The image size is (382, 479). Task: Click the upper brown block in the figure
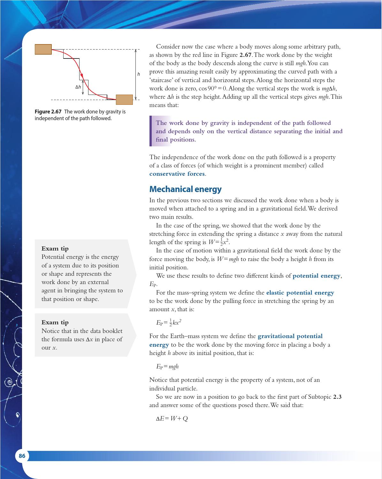43,49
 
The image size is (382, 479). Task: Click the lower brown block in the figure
124,99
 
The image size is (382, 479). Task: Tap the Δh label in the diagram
78,87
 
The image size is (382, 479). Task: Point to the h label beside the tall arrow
139,74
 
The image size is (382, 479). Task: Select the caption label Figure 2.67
48,112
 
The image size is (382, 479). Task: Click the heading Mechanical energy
185,189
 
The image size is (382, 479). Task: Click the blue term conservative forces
177,174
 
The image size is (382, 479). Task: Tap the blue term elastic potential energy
300,293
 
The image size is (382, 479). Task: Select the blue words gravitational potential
290,336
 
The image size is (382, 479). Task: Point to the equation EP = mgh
167,367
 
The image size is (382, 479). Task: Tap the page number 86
22,456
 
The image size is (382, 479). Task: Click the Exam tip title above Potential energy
55,249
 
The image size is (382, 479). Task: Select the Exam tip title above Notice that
55,322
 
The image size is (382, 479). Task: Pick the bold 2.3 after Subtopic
337,397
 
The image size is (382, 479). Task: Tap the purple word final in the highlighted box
162,140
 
